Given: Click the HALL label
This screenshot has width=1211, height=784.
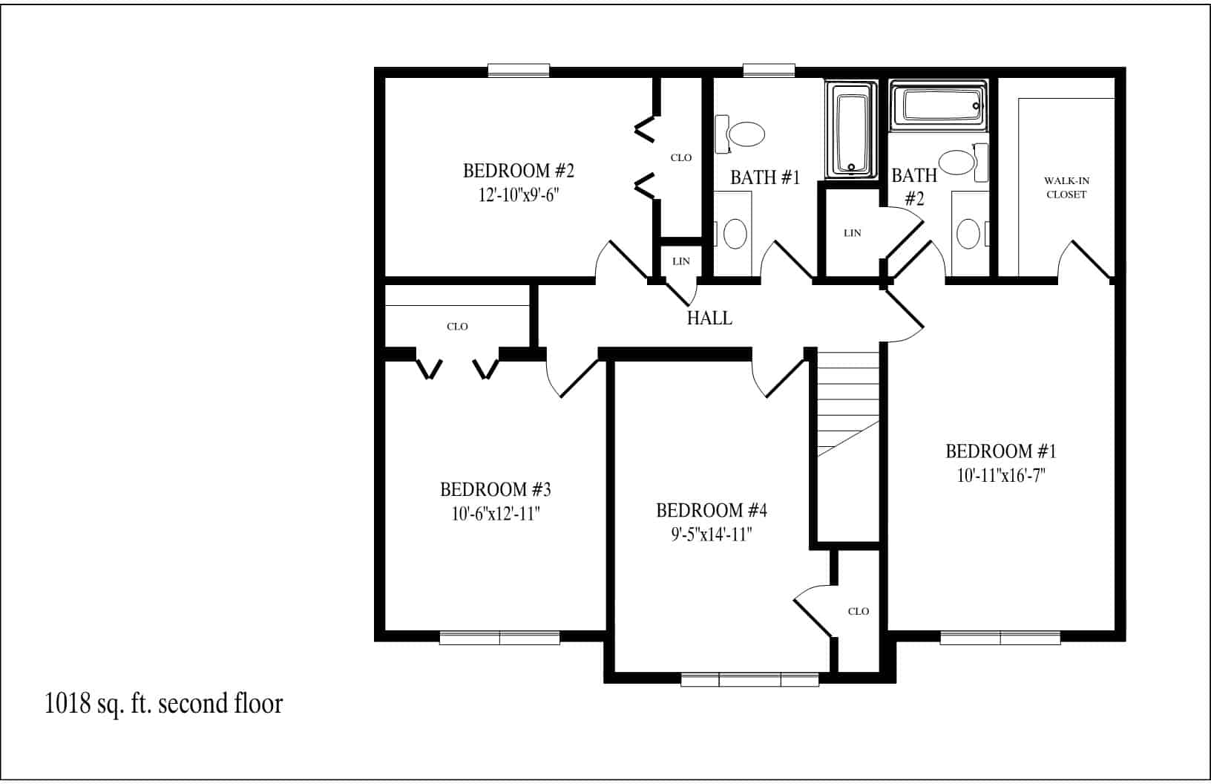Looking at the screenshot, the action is tap(709, 318).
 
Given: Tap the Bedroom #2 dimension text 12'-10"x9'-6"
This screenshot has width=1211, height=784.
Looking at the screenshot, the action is tap(519, 195).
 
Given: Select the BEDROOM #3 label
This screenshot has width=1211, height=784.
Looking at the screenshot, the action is tap(495, 489).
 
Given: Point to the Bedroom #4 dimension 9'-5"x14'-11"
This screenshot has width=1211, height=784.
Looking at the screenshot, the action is tap(712, 535).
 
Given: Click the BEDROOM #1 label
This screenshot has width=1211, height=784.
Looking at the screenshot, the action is tap(1001, 451).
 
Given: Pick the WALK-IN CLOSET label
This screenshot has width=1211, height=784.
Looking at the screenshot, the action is tap(1066, 187).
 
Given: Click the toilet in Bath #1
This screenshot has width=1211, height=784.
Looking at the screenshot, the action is tap(740, 134).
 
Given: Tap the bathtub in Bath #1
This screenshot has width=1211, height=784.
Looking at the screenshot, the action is tap(851, 130).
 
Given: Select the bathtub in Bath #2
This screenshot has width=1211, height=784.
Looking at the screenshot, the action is tap(939, 105).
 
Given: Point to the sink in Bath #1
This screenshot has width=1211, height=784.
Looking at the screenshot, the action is tap(735, 234).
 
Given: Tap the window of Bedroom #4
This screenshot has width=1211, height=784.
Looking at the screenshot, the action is tap(749, 679).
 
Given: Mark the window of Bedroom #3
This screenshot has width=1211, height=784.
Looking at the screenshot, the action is tap(499, 638).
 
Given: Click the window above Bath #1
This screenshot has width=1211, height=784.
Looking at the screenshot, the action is tap(769, 71).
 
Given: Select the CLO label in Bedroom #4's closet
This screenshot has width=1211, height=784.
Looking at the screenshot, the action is tap(859, 612).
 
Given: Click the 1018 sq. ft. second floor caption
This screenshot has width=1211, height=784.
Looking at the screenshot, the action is tap(163, 704).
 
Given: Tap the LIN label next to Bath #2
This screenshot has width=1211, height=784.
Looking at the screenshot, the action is tap(853, 233).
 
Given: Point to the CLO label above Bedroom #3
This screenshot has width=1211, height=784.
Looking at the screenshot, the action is tap(457, 326).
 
